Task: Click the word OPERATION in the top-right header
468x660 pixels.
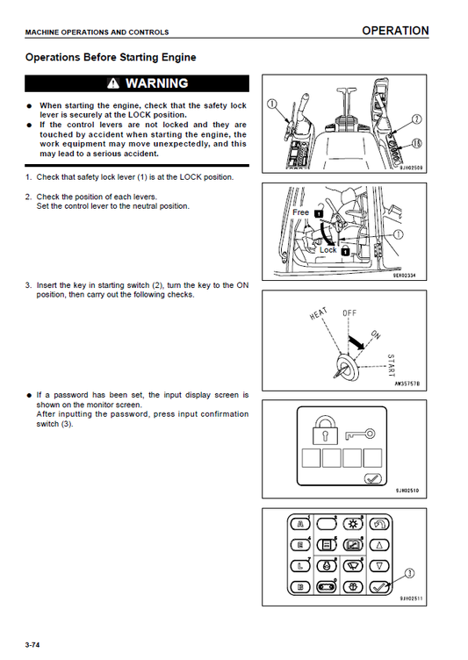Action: pyautogui.click(x=395, y=31)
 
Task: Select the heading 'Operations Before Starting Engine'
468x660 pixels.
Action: pyautogui.click(x=111, y=58)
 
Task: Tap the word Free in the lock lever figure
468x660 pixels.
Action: pyautogui.click(x=300, y=212)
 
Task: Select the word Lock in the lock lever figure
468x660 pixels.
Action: pyautogui.click(x=328, y=250)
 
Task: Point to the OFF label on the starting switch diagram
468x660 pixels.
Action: pyautogui.click(x=349, y=312)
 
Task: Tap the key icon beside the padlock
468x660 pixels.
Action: pyautogui.click(x=360, y=433)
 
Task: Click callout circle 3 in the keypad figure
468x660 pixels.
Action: pyautogui.click(x=409, y=575)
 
